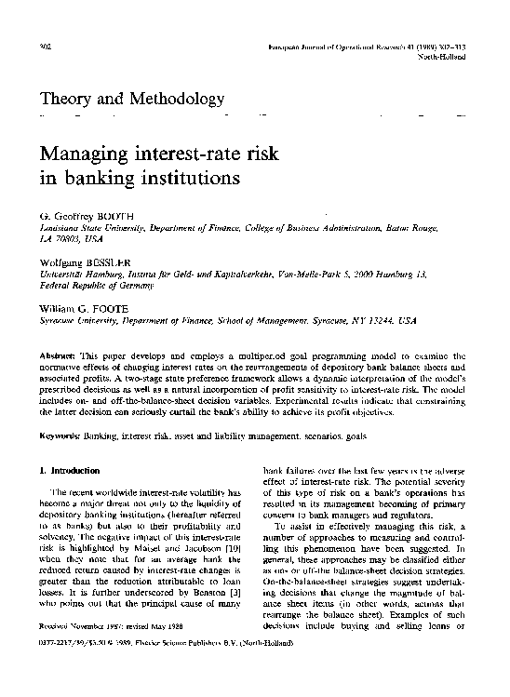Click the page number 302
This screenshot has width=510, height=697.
click(x=43, y=46)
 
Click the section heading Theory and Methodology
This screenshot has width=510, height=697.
click(x=131, y=99)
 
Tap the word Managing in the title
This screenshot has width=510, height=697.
click(x=86, y=152)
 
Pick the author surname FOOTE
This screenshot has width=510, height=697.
click(x=119, y=308)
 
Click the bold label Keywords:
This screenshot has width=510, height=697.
click(x=60, y=436)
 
